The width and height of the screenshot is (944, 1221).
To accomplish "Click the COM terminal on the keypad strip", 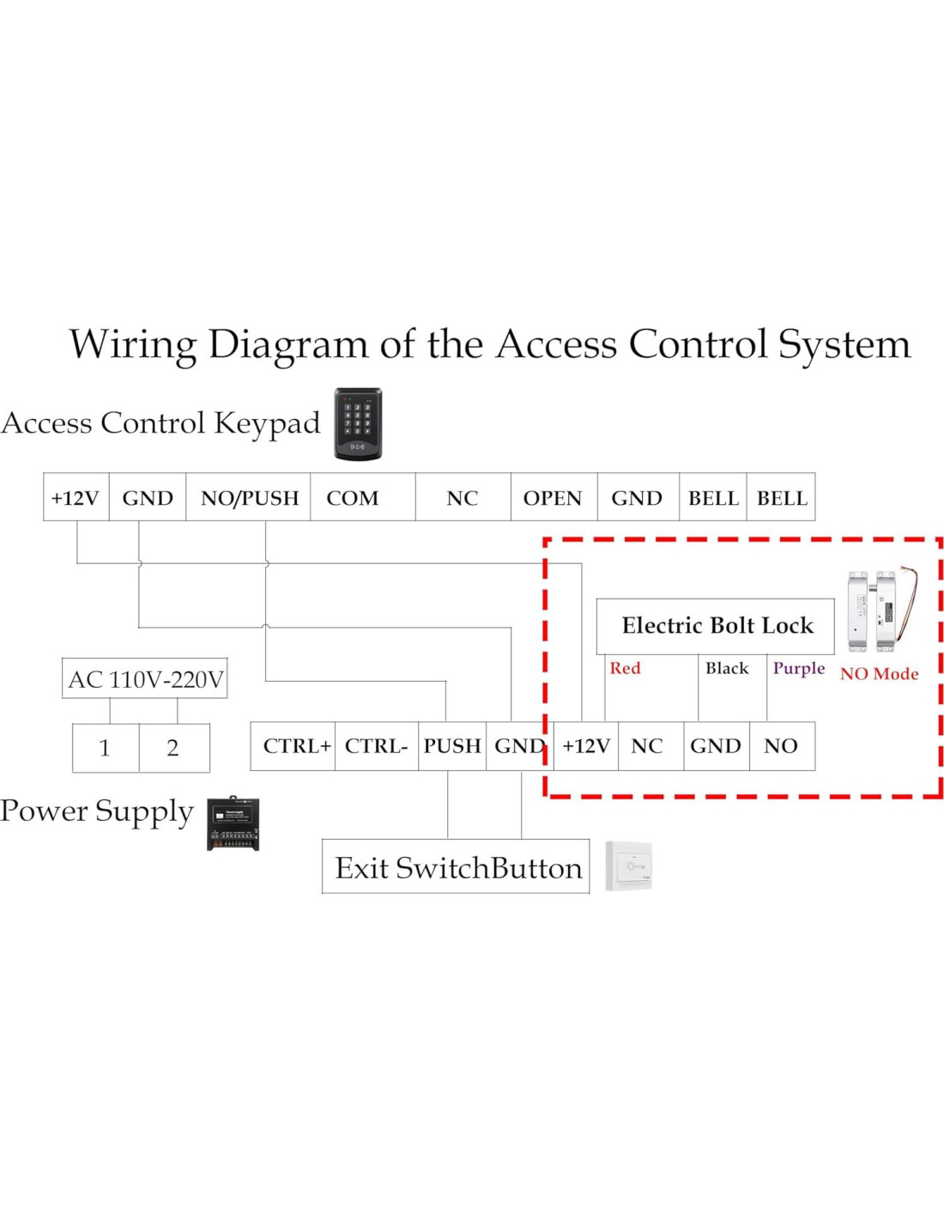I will (x=353, y=498).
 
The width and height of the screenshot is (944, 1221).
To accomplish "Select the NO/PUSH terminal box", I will (x=250, y=498).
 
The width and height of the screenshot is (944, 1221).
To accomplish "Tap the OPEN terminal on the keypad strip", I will (x=553, y=498).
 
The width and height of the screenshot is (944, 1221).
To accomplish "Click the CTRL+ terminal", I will (x=296, y=746).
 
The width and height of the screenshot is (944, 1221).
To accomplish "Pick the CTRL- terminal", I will (x=376, y=746).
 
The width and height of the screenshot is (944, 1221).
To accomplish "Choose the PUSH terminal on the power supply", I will (x=451, y=746).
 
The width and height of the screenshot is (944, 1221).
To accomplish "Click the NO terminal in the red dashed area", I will (x=781, y=746).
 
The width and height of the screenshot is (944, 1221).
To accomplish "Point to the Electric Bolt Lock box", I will (x=716, y=626).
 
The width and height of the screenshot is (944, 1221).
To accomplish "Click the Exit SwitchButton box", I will (x=457, y=867).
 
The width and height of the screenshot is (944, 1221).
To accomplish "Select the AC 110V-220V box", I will (x=145, y=679).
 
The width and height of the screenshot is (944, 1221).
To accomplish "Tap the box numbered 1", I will (x=105, y=748).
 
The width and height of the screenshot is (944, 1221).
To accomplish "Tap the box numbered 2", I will (x=173, y=748).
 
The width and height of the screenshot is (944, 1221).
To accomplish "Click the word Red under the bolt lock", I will (x=625, y=668).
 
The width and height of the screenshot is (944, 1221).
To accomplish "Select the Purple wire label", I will (x=798, y=668).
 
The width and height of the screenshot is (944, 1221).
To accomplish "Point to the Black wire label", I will (x=727, y=668).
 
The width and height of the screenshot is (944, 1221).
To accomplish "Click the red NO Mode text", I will (x=879, y=674).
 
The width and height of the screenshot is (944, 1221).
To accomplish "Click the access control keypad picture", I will (x=358, y=424).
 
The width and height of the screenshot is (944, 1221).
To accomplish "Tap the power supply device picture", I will (x=233, y=823).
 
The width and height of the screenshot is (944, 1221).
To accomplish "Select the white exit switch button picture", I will (x=629, y=866).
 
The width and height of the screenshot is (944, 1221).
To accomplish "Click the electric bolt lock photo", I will (x=880, y=610).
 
